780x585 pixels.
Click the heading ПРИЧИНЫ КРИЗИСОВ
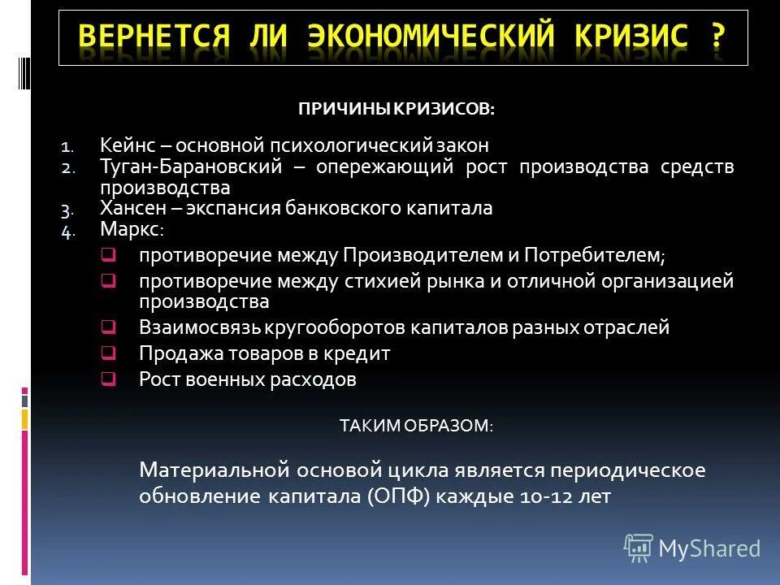(396, 109)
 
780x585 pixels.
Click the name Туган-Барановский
(191, 167)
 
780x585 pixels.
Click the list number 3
(67, 210)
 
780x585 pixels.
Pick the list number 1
(67, 148)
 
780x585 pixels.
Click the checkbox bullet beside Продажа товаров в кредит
(107, 353)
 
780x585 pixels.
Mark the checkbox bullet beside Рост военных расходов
(107, 379)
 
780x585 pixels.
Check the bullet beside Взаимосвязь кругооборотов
(107, 328)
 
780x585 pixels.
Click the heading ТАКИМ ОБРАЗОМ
(415, 426)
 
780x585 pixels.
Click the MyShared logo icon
(639, 548)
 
